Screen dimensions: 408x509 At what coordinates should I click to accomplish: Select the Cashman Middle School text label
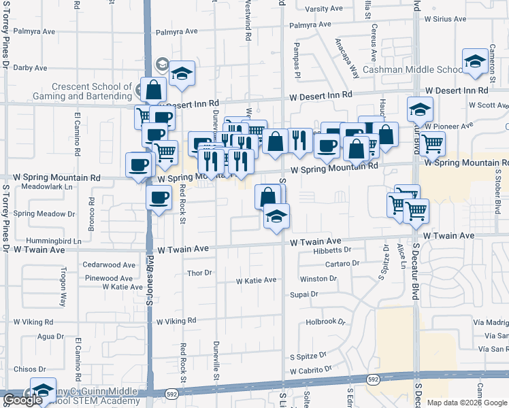(412, 69)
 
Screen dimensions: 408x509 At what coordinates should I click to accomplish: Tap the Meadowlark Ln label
(47, 186)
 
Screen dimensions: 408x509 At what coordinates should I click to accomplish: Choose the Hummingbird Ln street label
(54, 241)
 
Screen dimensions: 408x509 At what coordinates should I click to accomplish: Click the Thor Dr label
(199, 273)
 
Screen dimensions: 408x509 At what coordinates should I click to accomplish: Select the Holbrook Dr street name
(326, 322)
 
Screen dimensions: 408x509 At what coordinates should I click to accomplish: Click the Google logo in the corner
(23, 400)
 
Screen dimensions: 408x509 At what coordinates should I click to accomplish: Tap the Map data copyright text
(467, 403)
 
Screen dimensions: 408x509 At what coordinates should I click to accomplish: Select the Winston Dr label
(318, 279)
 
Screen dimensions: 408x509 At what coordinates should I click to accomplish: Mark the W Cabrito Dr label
(310, 371)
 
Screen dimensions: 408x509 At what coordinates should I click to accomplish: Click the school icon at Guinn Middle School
(42, 391)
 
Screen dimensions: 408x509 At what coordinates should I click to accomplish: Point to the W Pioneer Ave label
(448, 126)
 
